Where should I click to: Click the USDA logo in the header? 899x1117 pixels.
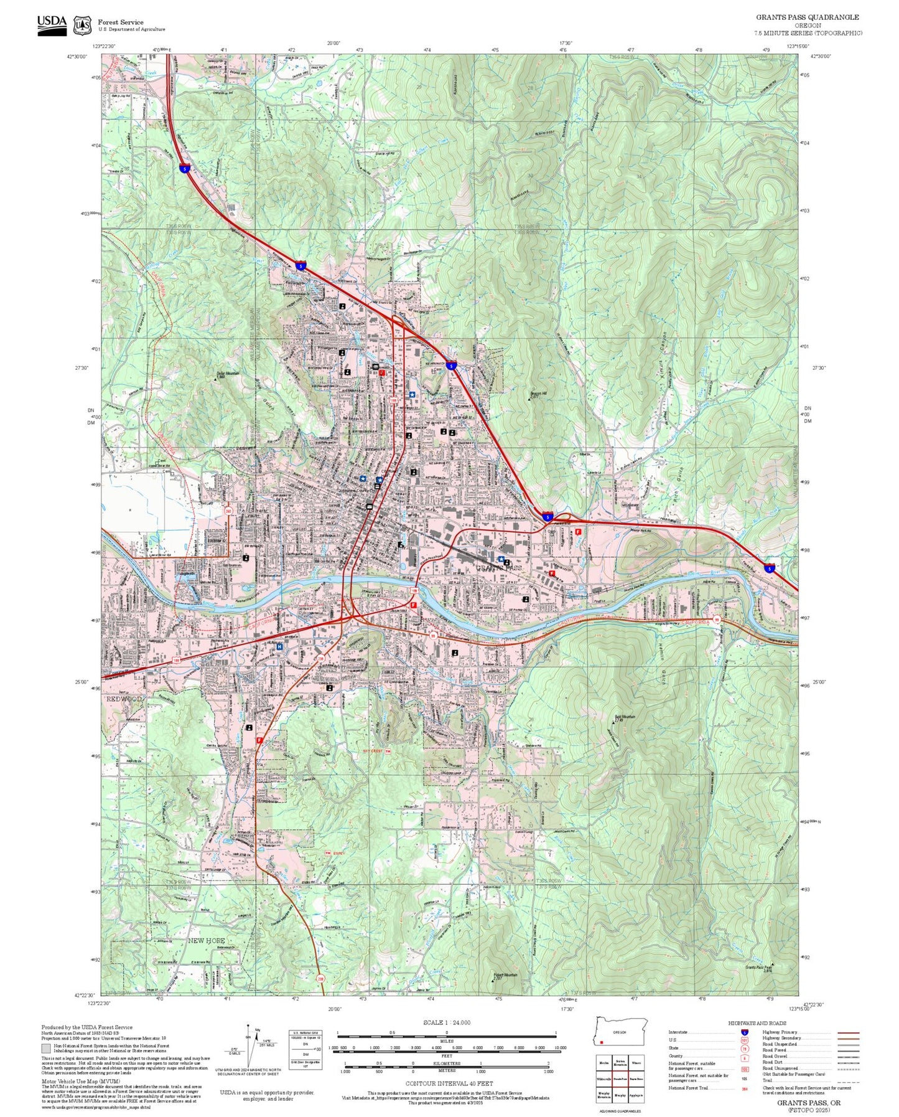pos(52,24)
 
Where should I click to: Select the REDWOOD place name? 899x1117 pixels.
pos(124,699)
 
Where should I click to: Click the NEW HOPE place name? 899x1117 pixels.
pos(207,940)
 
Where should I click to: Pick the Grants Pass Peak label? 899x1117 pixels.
pos(759,968)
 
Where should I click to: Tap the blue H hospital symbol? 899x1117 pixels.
pos(279,647)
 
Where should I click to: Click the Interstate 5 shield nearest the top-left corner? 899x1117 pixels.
pos(184,168)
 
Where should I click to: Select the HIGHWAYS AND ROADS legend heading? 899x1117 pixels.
pos(757,1023)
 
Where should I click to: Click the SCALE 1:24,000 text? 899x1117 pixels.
pos(447,1022)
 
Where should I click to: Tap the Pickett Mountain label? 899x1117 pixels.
pos(506,975)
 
